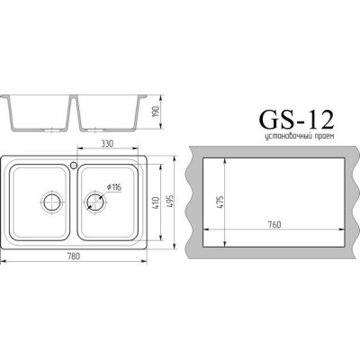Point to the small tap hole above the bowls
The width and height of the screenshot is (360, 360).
(75, 165)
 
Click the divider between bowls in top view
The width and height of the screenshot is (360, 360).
(75, 202)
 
